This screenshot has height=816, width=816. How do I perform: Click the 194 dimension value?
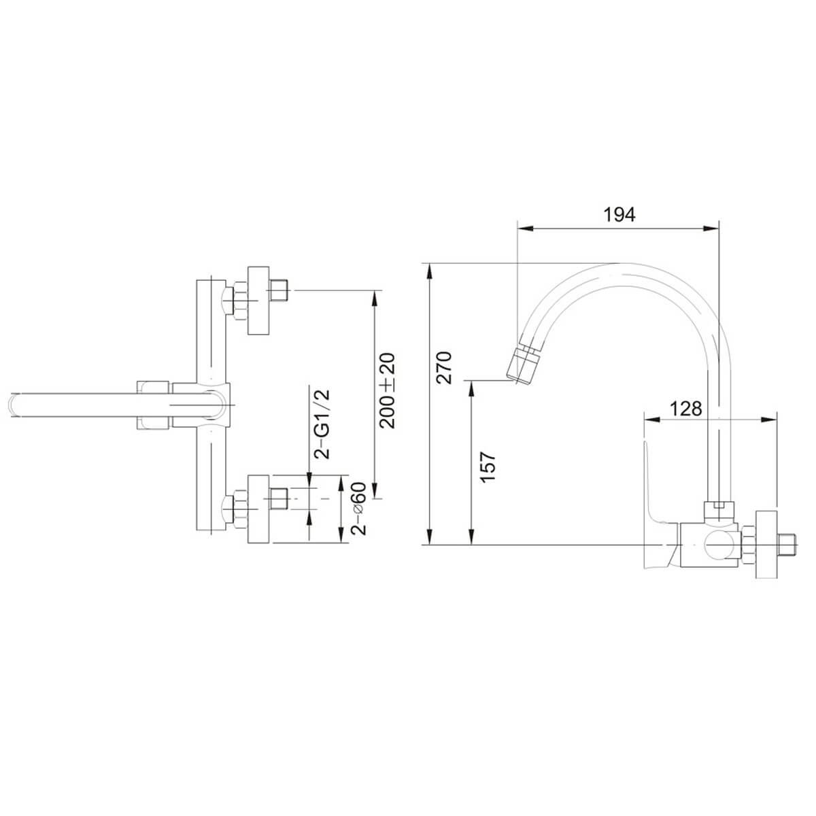(x=619, y=215)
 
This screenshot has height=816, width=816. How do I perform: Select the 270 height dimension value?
(x=444, y=368)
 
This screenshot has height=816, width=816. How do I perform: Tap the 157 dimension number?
(x=488, y=467)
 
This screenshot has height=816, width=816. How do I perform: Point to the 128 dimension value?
(x=685, y=409)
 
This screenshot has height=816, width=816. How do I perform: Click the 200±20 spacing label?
(x=387, y=390)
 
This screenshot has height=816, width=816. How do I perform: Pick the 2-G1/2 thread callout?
(x=322, y=424)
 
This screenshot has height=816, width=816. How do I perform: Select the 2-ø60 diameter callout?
(x=358, y=509)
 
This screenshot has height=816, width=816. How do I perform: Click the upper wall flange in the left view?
(x=258, y=301)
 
